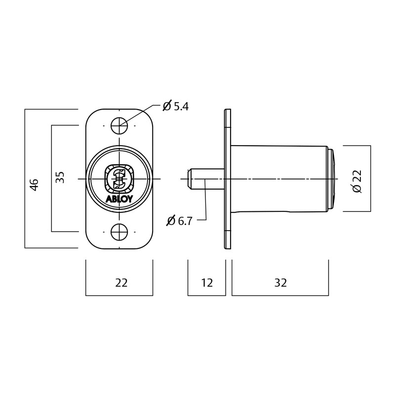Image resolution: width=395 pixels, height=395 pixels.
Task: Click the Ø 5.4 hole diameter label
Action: (x=176, y=106)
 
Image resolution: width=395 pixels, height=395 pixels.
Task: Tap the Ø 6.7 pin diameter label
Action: (x=179, y=221)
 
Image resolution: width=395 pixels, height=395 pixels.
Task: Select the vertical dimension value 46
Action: (x=34, y=185)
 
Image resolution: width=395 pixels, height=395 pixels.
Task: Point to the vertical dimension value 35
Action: (x=60, y=177)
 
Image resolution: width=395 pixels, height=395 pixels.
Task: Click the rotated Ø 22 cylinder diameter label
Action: (x=357, y=181)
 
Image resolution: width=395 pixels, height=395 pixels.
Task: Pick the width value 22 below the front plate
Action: (x=121, y=283)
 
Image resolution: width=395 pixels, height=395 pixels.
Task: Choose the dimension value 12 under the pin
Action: (x=207, y=283)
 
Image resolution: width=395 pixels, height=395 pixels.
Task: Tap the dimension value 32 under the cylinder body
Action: (x=280, y=283)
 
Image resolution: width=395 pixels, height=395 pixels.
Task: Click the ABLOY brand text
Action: (x=119, y=199)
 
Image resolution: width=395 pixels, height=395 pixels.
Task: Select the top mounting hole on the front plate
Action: (x=119, y=125)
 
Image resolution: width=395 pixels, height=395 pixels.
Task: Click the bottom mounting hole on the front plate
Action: (x=119, y=232)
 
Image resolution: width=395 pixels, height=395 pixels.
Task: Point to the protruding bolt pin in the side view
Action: (x=206, y=179)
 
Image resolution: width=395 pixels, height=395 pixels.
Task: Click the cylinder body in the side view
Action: (x=279, y=178)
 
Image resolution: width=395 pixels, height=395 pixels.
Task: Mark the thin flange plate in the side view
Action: (x=228, y=179)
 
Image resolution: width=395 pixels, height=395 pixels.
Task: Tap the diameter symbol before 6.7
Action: (x=171, y=221)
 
